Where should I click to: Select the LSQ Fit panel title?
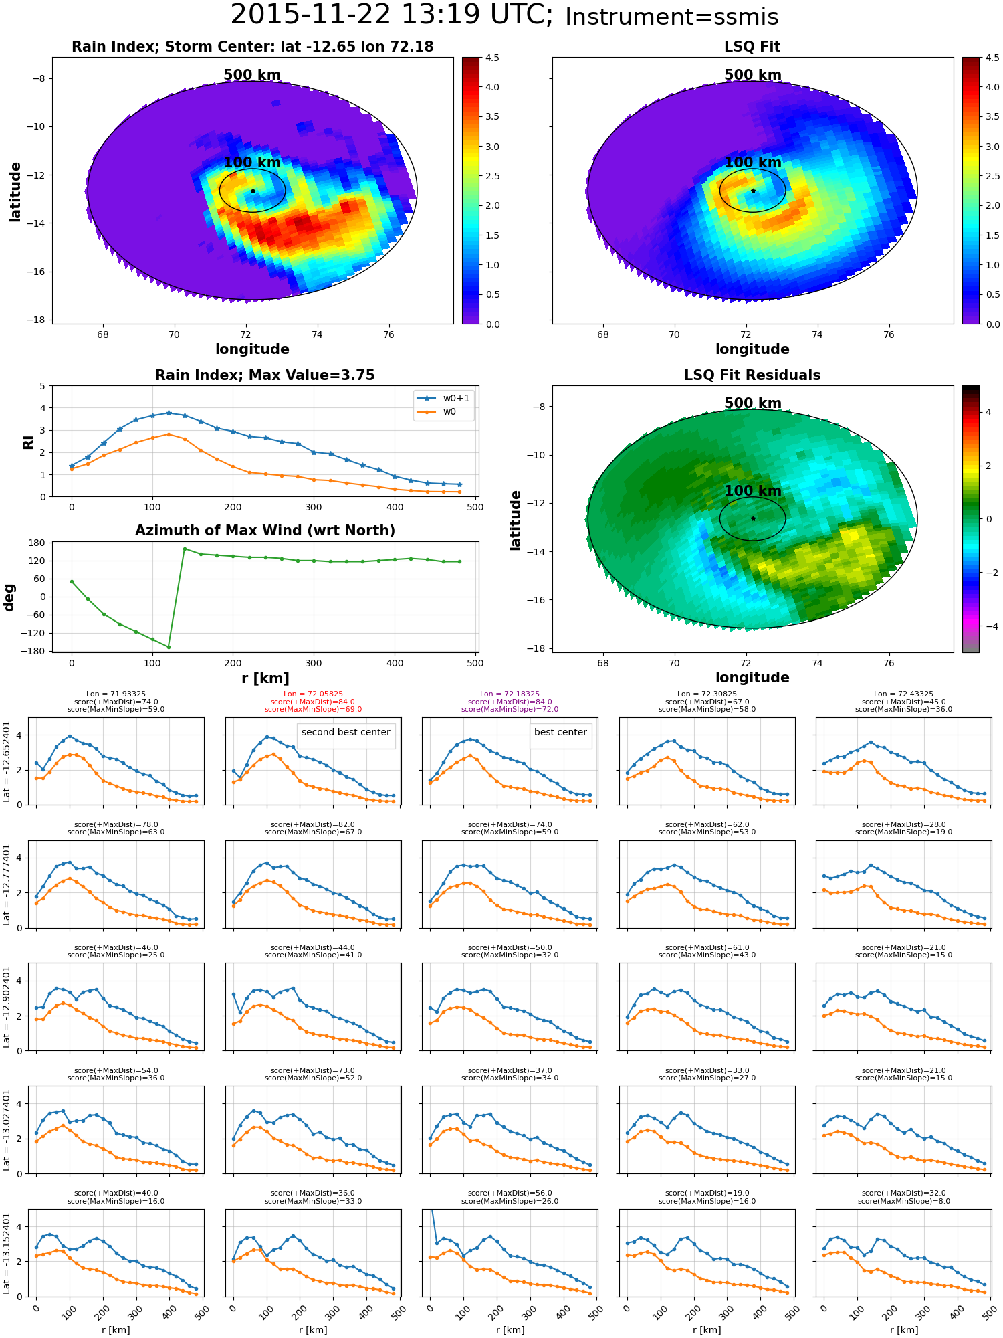pos(752,47)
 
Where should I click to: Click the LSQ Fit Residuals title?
pos(752,375)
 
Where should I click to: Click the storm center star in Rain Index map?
pos(253,191)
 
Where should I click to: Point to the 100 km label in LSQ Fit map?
pos(753,163)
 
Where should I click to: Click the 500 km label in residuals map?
pos(753,403)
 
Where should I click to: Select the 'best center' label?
pos(560,732)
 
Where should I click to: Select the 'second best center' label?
pos(346,732)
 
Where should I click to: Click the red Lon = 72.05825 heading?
pos(313,694)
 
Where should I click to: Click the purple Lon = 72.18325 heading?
pos(510,694)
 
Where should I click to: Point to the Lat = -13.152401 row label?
pos(7,1252)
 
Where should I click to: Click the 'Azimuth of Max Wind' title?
pos(265,531)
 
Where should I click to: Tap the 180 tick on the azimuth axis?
pos(37,543)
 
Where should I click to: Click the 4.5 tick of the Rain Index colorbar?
pos(492,58)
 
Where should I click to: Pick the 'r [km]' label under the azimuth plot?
pos(265,678)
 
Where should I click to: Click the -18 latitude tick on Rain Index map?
pos(36,320)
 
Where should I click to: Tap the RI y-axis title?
pos(28,442)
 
